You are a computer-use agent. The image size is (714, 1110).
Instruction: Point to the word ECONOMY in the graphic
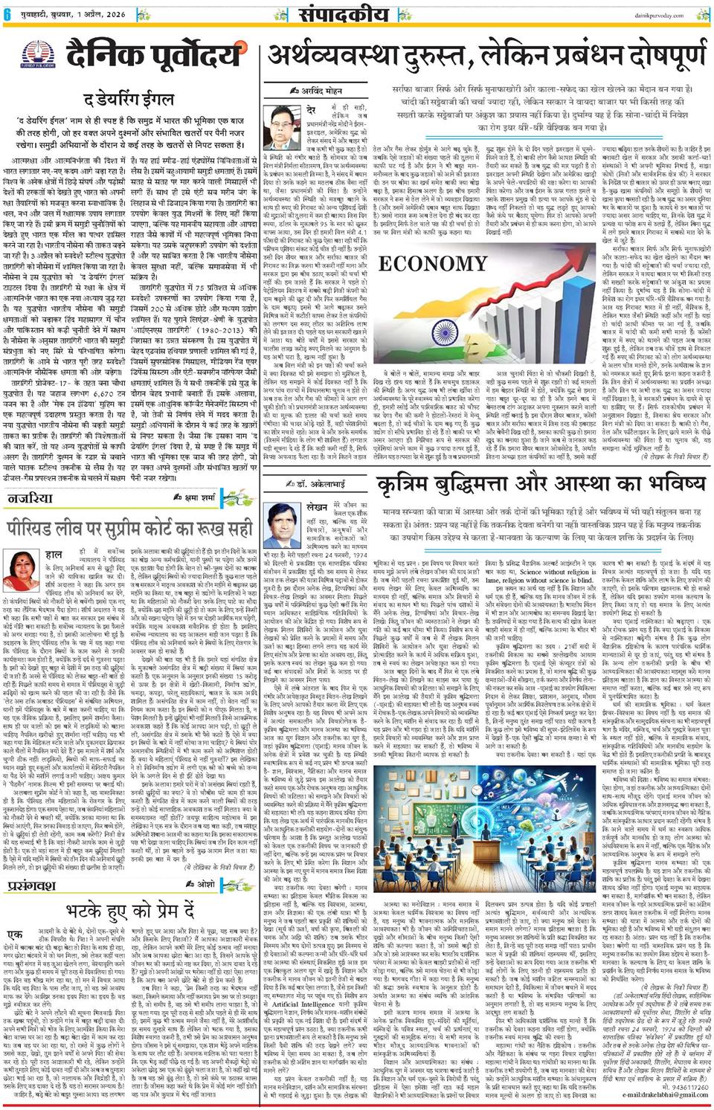coord(432,264)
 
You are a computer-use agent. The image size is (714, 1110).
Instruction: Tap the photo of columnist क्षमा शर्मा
coord(24,571)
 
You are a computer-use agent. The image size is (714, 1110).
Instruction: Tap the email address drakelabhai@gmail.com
coord(665,1095)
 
